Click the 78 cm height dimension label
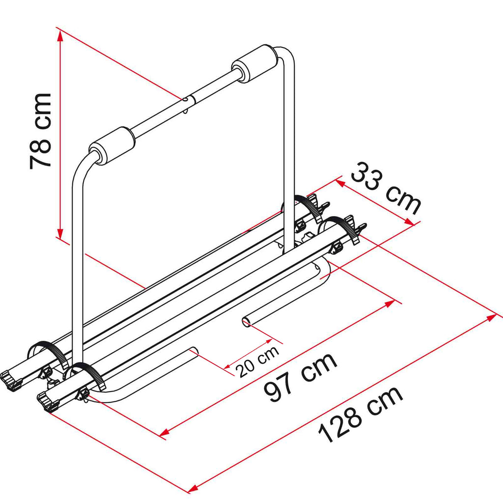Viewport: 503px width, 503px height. click(40, 131)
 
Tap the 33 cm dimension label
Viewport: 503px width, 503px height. click(386, 188)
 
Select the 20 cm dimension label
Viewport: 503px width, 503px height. click(257, 362)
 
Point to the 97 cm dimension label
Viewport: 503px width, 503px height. click(300, 377)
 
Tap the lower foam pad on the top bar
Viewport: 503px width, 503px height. click(112, 146)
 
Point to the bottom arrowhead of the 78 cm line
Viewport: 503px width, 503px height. click(60, 232)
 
